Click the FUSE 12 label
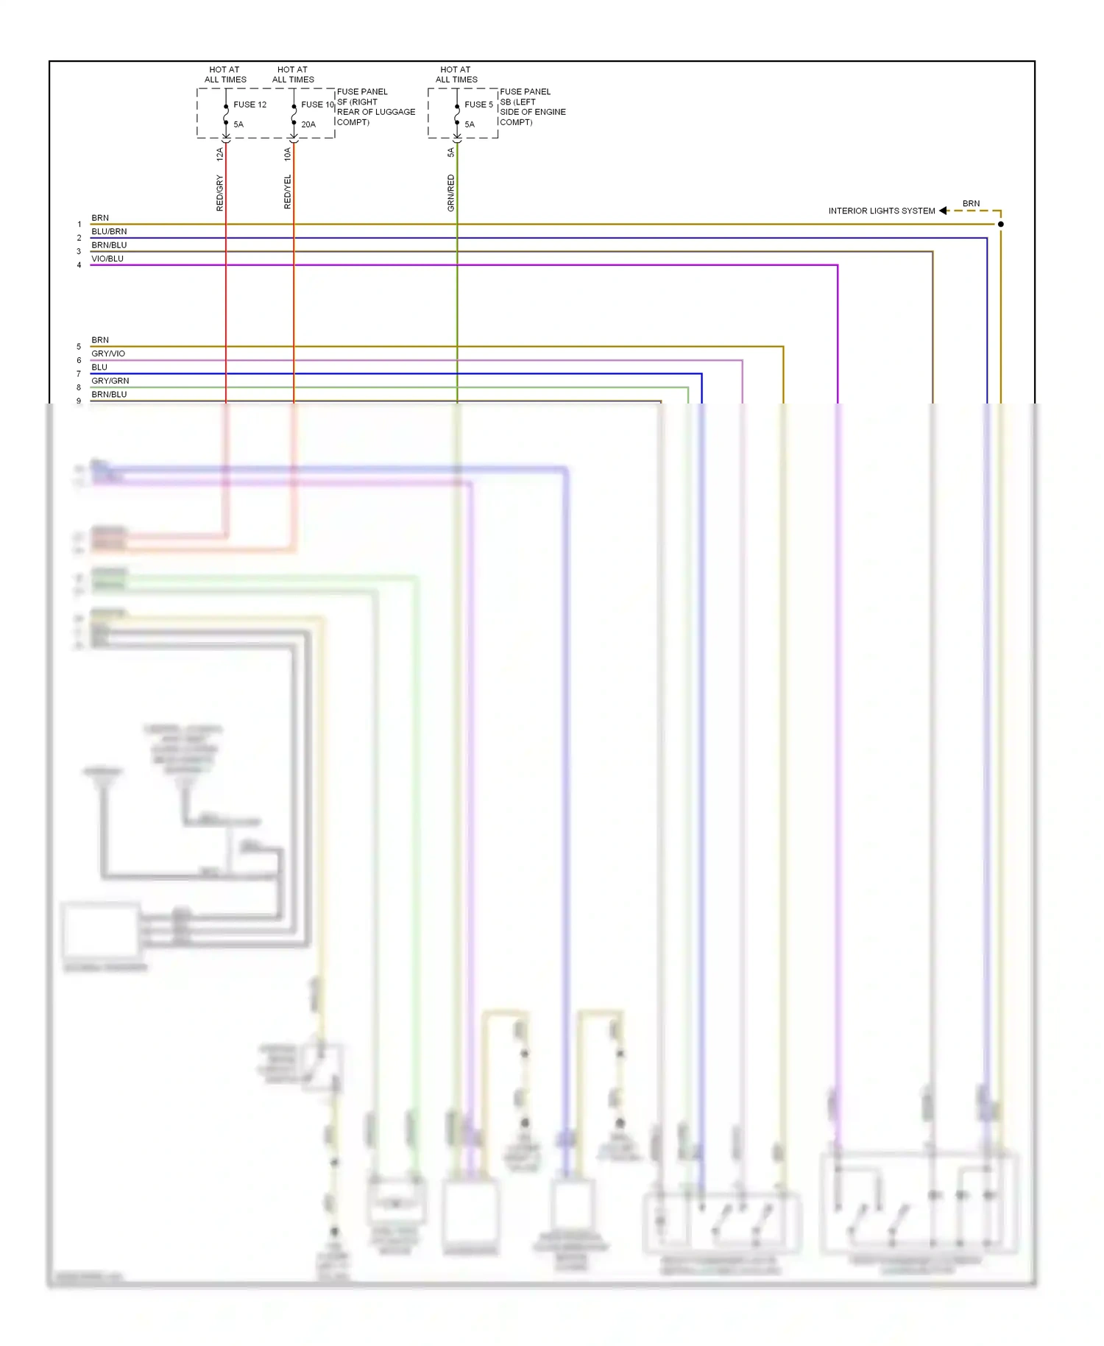[x=250, y=105]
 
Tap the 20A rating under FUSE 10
[x=308, y=124]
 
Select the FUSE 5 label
[x=478, y=105]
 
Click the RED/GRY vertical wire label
[x=219, y=193]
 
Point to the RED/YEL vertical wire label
[x=288, y=192]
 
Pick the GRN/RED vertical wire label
[x=451, y=193]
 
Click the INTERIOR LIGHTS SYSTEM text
[x=881, y=211]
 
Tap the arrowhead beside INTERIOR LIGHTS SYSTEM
[x=943, y=211]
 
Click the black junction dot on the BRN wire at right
[x=1000, y=224]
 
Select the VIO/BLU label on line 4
[x=107, y=258]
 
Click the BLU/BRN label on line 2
[x=109, y=231]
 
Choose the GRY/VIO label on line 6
[x=108, y=353]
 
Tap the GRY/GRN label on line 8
[x=110, y=381]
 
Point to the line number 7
[x=79, y=374]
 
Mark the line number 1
[x=79, y=225]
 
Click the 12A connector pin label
[x=219, y=154]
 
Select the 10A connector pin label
[x=288, y=154]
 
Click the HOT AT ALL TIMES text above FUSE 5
[x=456, y=74]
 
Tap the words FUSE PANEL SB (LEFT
[x=524, y=96]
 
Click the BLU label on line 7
[x=99, y=367]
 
